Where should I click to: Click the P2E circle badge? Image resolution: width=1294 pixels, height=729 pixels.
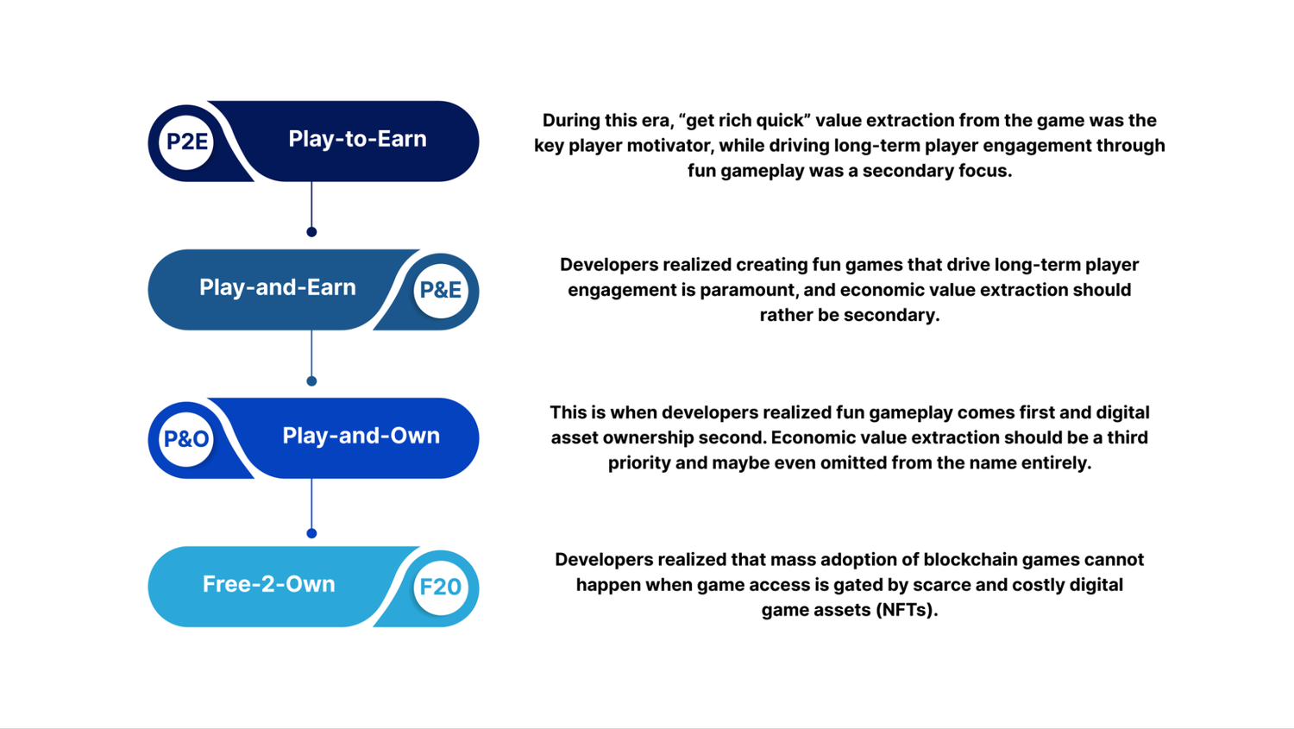tap(186, 141)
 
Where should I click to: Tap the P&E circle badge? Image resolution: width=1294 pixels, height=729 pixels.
tap(441, 290)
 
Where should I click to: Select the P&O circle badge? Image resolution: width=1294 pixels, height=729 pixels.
tap(186, 439)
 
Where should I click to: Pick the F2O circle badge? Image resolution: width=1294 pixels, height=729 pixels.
tap(441, 588)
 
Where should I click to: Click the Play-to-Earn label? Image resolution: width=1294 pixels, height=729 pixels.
tap(357, 139)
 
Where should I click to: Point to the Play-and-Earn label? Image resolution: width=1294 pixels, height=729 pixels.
tap(277, 287)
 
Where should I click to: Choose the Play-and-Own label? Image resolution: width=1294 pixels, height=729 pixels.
tap(361, 436)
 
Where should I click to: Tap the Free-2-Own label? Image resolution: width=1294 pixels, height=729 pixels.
tap(268, 584)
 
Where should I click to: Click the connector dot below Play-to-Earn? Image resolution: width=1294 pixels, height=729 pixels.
tap(311, 232)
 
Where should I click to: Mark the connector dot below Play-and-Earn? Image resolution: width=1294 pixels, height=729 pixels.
tap(311, 381)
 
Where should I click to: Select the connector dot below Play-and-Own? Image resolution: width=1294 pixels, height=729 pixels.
tap(311, 533)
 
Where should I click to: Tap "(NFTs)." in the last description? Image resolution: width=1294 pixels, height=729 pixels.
tap(907, 610)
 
